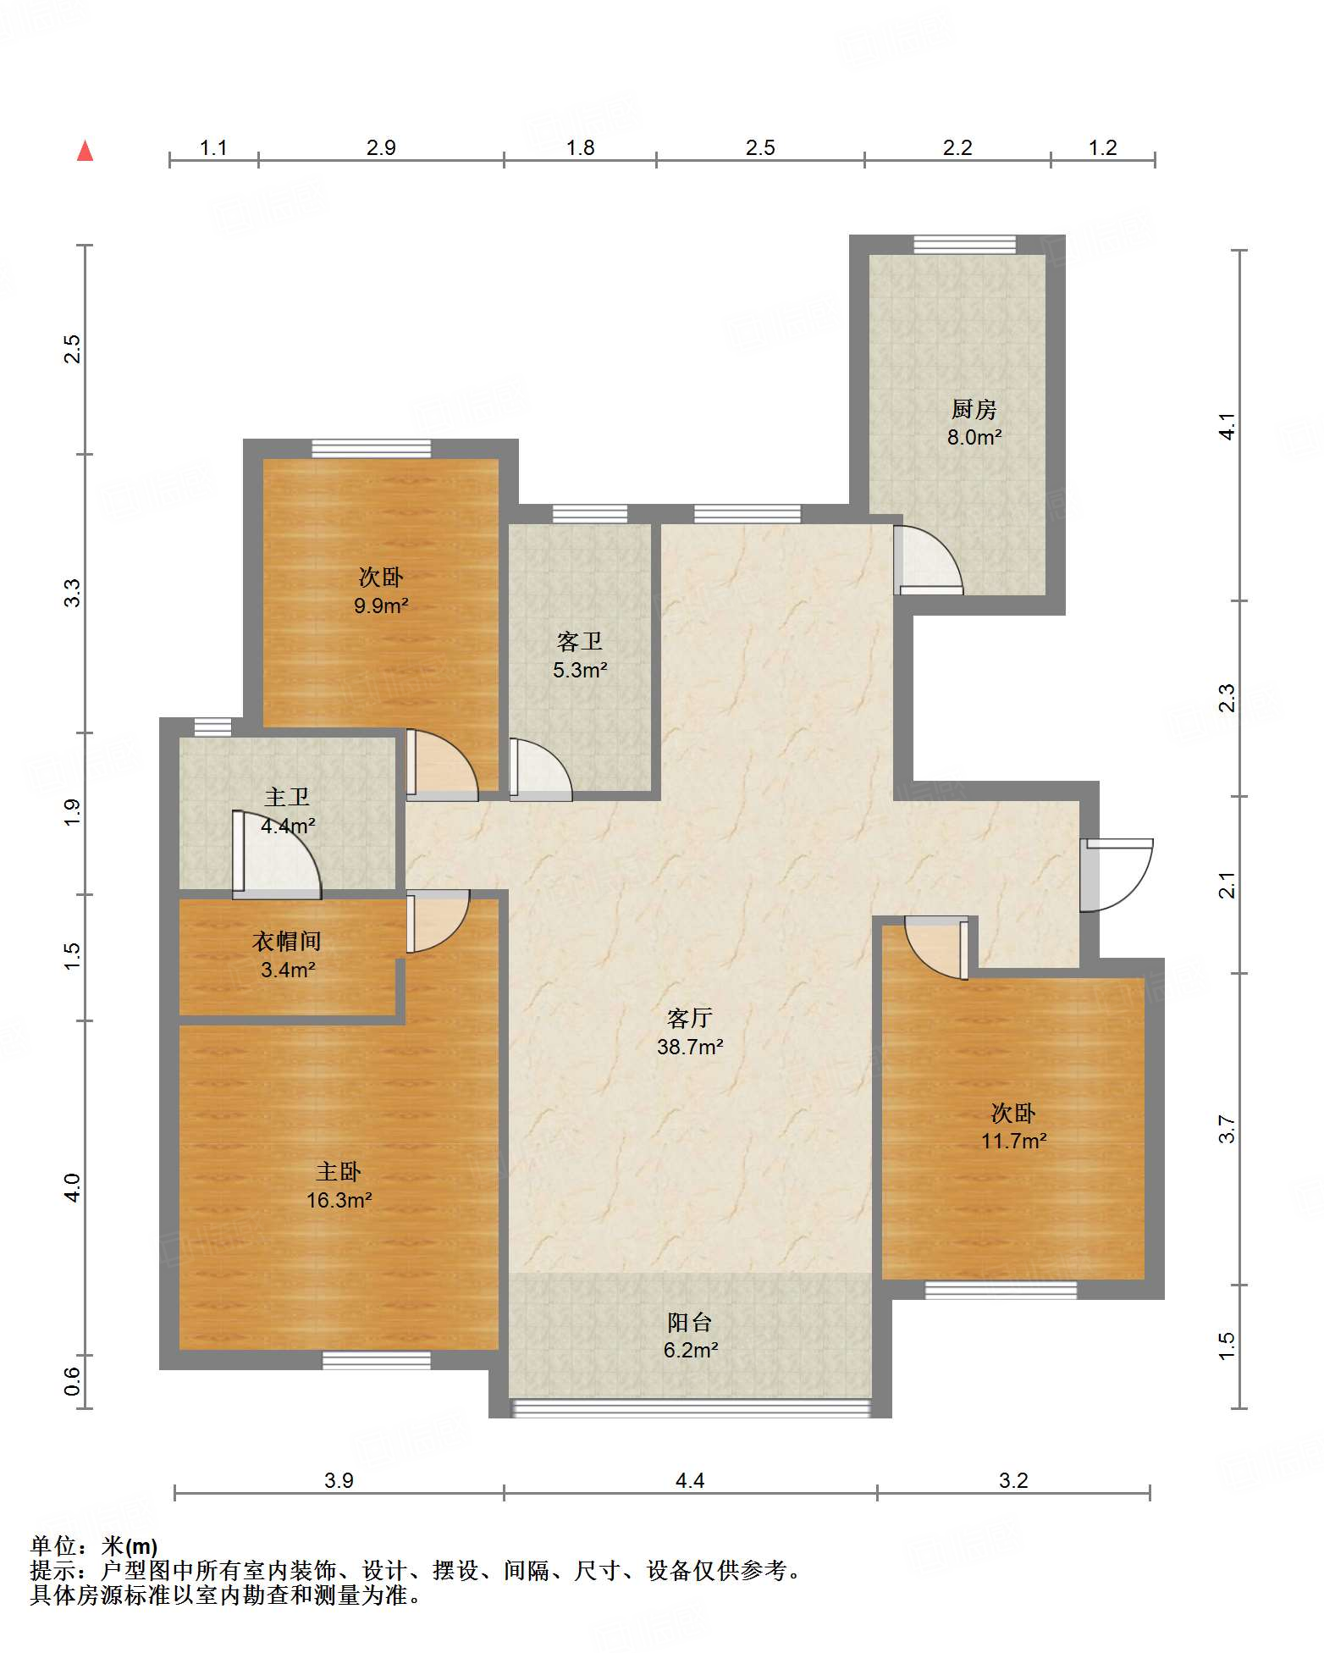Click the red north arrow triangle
85,151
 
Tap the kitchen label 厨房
974,410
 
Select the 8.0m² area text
974,438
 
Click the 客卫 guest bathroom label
580,642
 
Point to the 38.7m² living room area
690,1047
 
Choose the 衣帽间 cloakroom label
287,941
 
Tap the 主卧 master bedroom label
339,1171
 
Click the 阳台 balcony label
690,1322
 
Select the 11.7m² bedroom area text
1013,1141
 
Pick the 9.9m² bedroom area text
381,605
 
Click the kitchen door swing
929,559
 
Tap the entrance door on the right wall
1117,875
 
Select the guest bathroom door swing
540,770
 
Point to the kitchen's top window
964,244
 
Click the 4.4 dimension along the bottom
690,1480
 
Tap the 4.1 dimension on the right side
1227,425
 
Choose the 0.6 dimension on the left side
72,1381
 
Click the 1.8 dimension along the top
580,147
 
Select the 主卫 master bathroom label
287,797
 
